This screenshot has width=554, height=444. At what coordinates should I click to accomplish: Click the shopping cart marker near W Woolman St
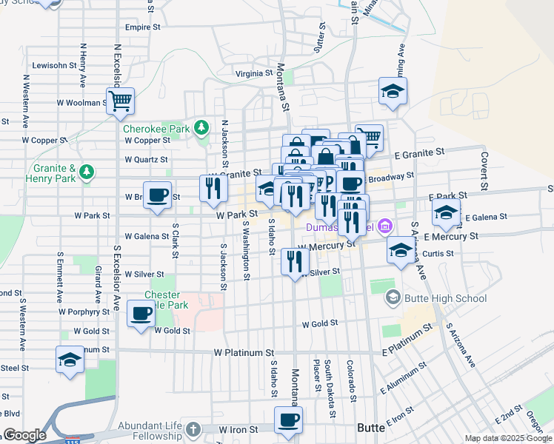(x=119, y=101)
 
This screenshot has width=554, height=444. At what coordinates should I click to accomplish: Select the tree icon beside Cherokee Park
(x=201, y=128)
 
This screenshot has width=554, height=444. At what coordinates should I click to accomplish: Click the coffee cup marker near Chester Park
(x=141, y=314)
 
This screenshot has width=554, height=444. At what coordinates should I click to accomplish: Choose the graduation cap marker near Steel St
(x=70, y=360)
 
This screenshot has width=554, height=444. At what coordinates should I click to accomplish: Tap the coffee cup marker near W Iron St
(x=289, y=420)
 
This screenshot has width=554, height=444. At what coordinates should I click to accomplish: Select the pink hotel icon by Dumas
(x=384, y=225)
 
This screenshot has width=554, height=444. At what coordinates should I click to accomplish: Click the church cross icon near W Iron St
(x=193, y=429)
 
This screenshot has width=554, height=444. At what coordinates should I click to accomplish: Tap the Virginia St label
(x=254, y=73)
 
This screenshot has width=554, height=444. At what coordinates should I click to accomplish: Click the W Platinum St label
(x=244, y=353)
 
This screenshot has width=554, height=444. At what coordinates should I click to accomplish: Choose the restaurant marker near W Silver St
(x=296, y=260)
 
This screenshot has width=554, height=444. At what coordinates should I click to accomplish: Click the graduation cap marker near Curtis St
(x=401, y=251)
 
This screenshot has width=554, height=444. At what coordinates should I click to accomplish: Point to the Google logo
(x=24, y=435)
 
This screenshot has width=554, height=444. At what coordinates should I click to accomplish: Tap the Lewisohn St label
(x=54, y=65)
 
